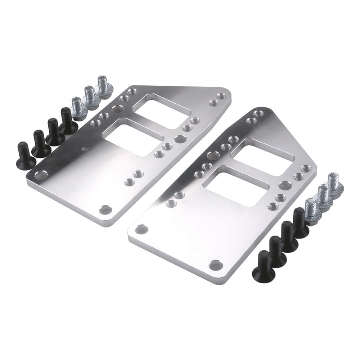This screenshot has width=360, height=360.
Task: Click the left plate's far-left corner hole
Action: (x=41, y=176)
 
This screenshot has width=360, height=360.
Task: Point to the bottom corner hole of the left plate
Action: (x=105, y=210)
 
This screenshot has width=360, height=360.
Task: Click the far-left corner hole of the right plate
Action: (x=141, y=229)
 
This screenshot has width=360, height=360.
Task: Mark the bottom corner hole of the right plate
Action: (x=216, y=265)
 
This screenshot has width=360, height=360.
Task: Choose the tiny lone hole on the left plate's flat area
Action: (x=85, y=148)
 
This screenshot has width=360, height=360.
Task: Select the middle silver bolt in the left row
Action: (x=90, y=97)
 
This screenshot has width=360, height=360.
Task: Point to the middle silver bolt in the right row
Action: (x=323, y=196)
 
